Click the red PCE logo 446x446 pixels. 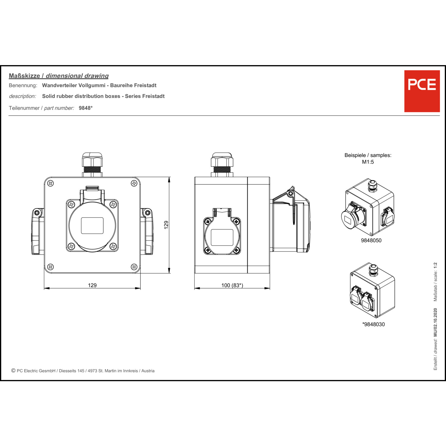422,91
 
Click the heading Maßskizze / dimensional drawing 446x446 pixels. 59,76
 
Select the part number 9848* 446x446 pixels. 86,108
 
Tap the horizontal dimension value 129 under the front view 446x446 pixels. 92,285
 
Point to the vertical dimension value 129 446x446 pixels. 166,224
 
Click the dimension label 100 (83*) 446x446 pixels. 232,285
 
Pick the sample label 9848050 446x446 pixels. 371,240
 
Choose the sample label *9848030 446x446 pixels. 373,324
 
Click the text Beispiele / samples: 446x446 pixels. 368,155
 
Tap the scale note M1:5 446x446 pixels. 368,162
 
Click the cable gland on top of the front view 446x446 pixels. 92,165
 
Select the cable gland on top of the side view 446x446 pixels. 222,165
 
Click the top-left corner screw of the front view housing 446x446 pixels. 51,183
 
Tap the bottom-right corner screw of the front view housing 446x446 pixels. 134,267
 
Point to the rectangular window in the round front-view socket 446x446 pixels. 92,226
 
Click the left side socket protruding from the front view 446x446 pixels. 38,232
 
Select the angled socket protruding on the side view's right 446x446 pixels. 290,220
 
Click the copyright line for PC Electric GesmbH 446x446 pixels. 83,371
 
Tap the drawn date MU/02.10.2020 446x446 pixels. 435,322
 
